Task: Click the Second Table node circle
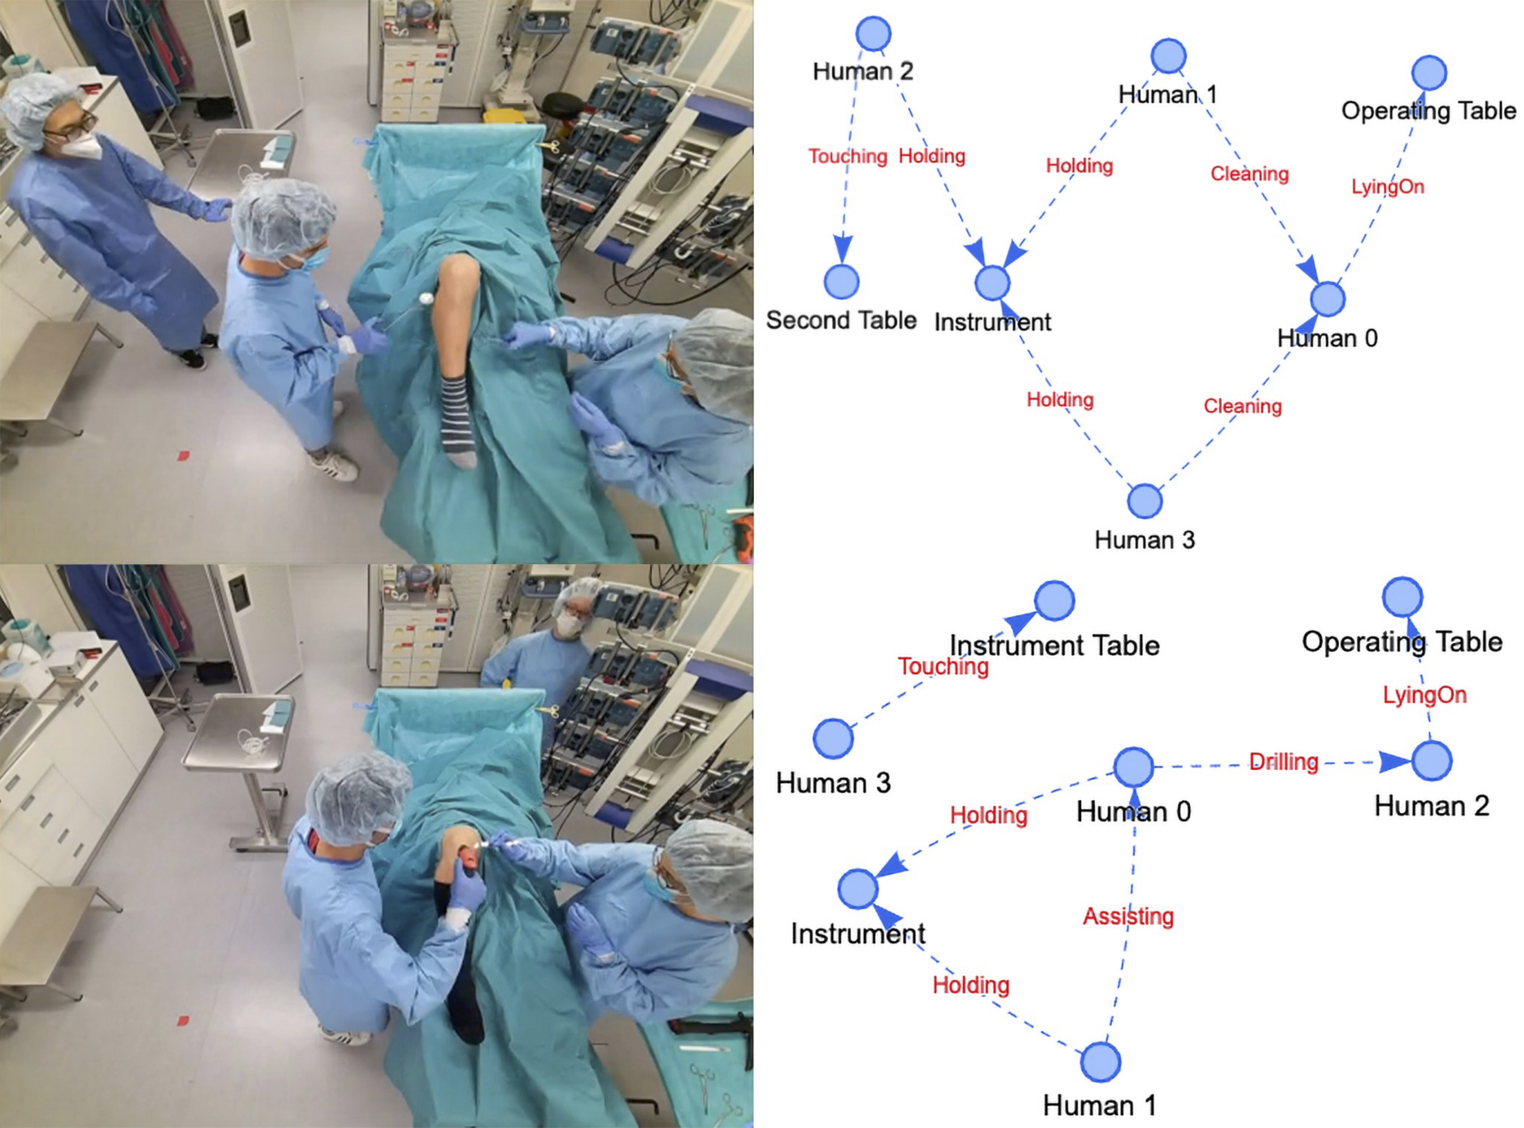point(842,281)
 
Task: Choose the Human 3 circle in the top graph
point(1144,501)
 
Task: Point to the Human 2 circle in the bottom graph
point(1431,761)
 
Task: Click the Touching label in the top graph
point(848,156)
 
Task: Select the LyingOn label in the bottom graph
point(1424,695)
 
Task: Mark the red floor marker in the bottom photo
point(183,1021)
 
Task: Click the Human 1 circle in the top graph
point(1168,56)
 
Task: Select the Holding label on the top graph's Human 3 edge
point(1060,399)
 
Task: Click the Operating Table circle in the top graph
point(1429,72)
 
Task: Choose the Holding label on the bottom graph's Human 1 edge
point(971,985)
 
